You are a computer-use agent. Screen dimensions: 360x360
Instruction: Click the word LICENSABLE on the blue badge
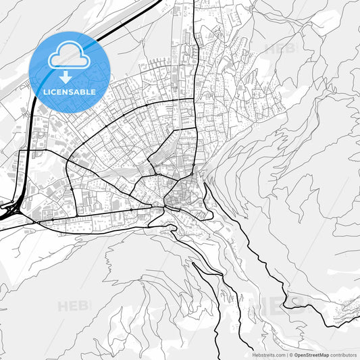pyautogui.click(x=70, y=92)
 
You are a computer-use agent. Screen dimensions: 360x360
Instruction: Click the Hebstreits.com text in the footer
pyautogui.click(x=269, y=355)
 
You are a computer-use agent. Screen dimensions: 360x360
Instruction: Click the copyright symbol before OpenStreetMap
pyautogui.click(x=290, y=355)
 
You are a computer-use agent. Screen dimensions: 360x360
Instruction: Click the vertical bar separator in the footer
pyautogui.click(x=286, y=355)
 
